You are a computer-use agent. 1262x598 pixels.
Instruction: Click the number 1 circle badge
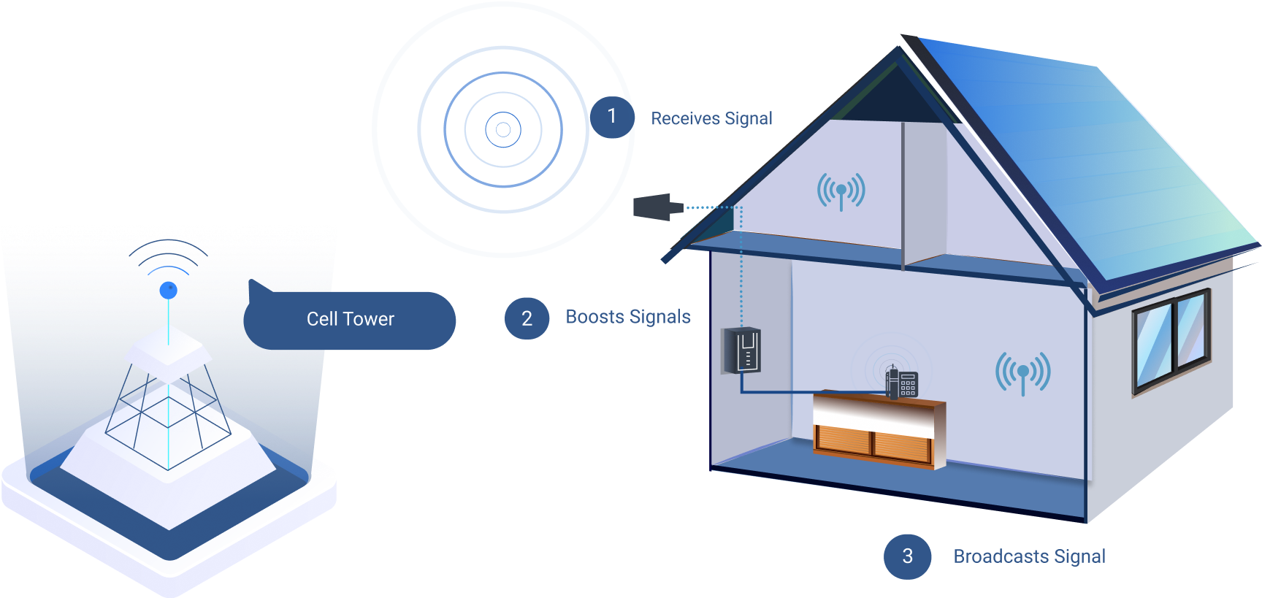[611, 117]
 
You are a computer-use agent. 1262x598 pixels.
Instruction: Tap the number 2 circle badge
[527, 318]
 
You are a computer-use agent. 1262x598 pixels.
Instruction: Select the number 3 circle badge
[907, 556]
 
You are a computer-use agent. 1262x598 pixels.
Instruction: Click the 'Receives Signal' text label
[711, 118]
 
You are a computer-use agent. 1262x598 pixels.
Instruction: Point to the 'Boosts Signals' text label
[628, 317]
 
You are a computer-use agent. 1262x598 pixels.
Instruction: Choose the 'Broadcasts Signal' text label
[1029, 556]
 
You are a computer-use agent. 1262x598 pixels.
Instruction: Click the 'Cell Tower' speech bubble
[350, 320]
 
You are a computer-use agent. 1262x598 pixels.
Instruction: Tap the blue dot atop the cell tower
[169, 290]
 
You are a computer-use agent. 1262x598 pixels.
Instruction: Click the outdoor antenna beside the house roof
[654, 207]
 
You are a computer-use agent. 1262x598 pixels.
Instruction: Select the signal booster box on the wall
[743, 350]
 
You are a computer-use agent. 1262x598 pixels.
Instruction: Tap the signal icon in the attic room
[841, 191]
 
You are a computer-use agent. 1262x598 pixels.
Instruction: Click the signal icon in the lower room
[1022, 372]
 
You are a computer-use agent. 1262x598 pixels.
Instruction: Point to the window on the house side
[1171, 339]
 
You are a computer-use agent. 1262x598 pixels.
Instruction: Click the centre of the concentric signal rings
[503, 130]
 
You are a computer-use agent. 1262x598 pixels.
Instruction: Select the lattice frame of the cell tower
[168, 416]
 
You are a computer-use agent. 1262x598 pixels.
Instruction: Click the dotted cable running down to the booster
[741, 270]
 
